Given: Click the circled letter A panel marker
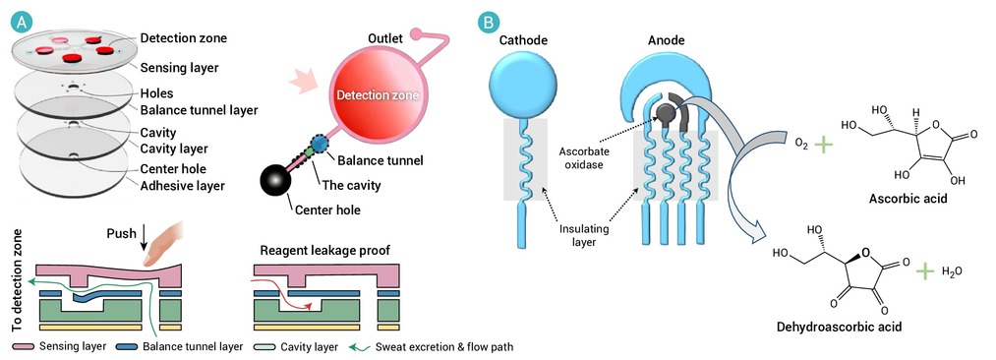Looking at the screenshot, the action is [22, 23].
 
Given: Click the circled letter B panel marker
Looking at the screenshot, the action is [488, 23].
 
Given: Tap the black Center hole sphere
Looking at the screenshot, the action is [275, 181].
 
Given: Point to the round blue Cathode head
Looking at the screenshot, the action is [523, 84].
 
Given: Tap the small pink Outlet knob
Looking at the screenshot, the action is [418, 33].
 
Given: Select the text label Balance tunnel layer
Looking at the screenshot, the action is [199, 110].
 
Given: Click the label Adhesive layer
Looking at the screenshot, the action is [182, 185].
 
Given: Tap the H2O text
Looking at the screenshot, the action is [952, 271].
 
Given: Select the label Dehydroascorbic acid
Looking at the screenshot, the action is [839, 327].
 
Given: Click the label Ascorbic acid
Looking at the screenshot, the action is [908, 199].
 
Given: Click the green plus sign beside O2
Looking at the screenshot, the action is [823, 144].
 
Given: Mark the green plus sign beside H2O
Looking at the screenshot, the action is [925, 271].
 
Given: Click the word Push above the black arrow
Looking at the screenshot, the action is [121, 233].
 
